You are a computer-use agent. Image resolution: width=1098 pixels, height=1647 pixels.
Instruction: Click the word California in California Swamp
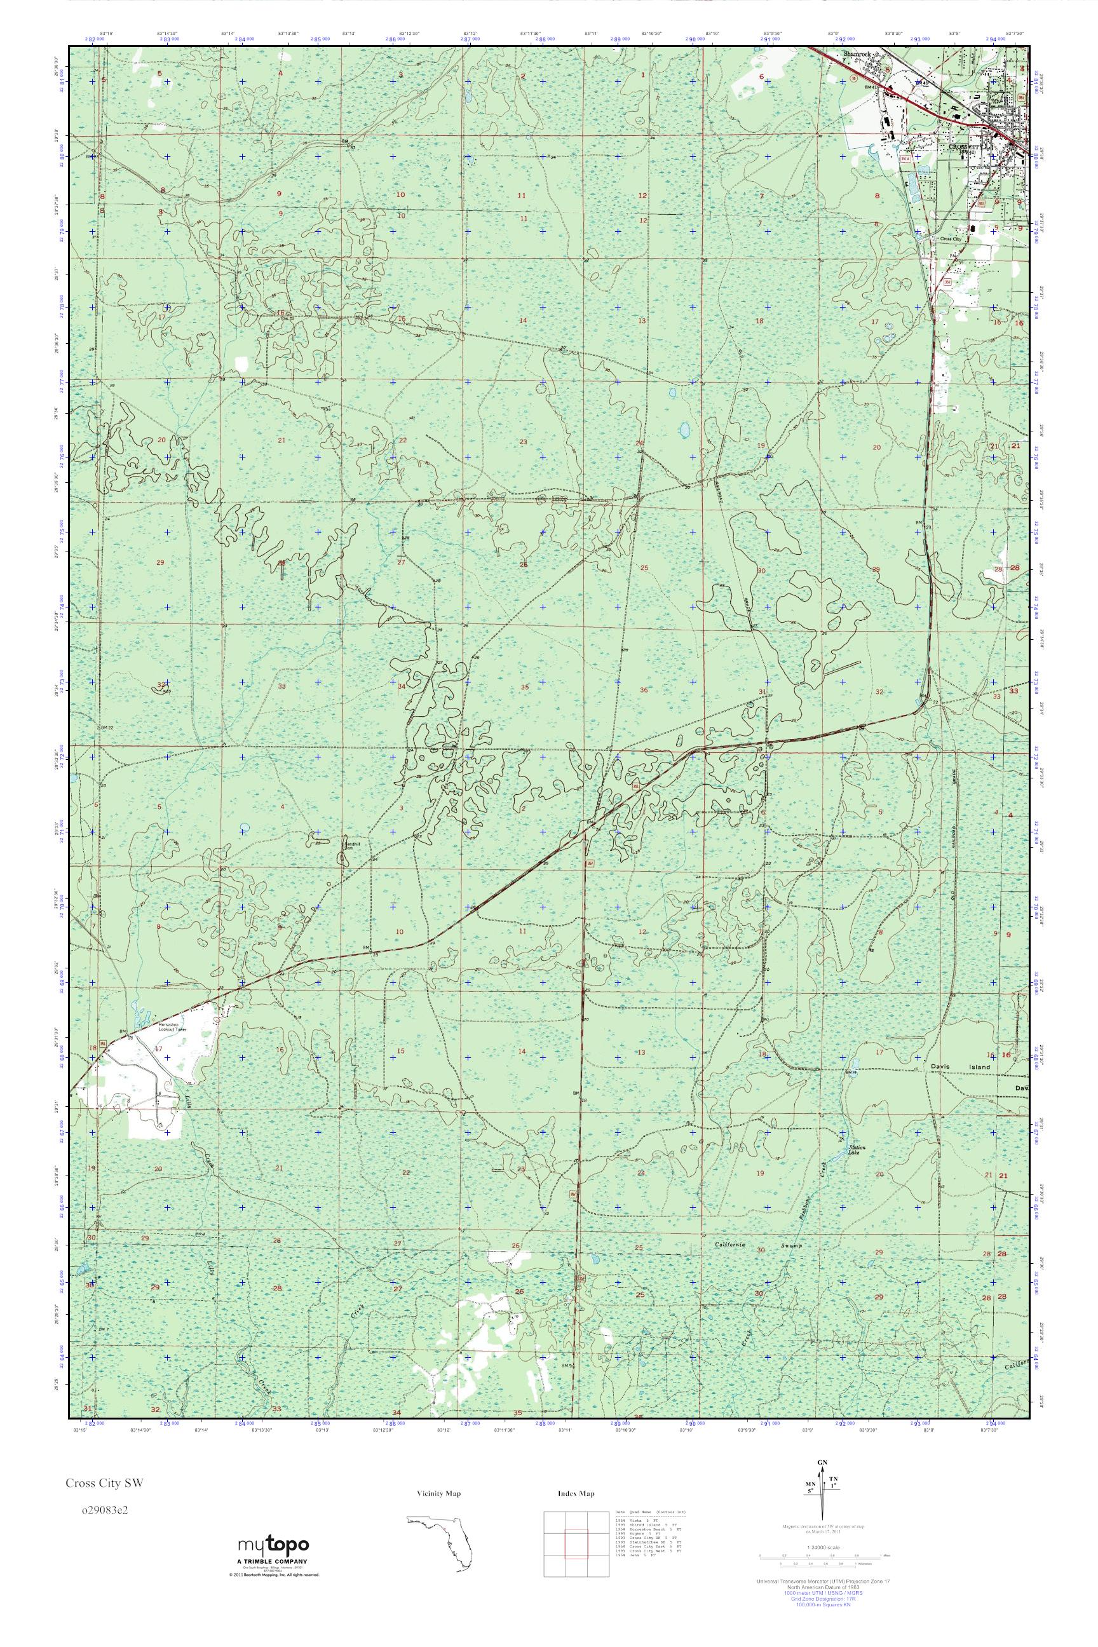[x=733, y=1245]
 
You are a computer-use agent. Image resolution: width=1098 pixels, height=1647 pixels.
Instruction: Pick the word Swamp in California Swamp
[x=794, y=1247]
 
